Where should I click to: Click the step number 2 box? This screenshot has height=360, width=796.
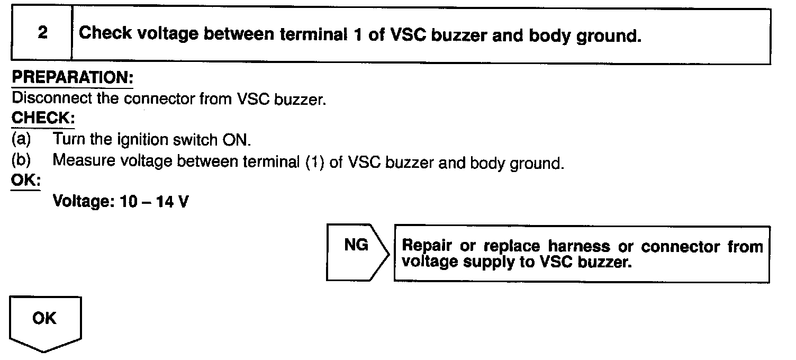click(42, 33)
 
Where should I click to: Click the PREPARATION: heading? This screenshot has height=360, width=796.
click(73, 77)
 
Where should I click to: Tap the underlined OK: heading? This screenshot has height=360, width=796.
click(26, 181)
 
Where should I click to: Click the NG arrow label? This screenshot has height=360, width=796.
click(356, 246)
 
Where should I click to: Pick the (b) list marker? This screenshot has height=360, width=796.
click(21, 160)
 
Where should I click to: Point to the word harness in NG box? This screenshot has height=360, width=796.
click(578, 247)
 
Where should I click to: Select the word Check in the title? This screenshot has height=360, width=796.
click(105, 34)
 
